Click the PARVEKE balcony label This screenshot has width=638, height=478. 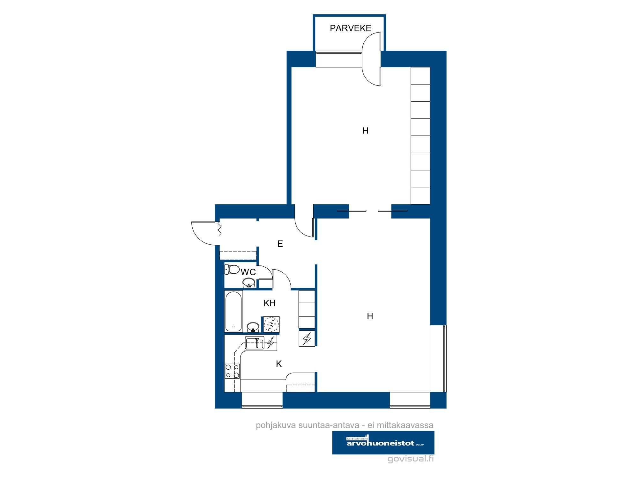[350, 28]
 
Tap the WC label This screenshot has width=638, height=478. [248, 272]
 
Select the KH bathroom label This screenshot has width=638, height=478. [270, 303]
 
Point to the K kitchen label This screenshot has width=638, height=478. [279, 364]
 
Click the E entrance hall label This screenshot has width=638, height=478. [280, 244]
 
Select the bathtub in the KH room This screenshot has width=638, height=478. [234, 311]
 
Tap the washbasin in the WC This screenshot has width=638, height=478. [249, 282]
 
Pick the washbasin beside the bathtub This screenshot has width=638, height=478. [253, 327]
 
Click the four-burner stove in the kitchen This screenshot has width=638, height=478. [232, 371]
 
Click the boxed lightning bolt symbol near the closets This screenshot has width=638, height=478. [307, 338]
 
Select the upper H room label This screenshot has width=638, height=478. [365, 131]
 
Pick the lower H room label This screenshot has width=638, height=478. [370, 316]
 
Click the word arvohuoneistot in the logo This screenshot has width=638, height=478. [380, 443]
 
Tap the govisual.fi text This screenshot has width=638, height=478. [411, 459]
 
